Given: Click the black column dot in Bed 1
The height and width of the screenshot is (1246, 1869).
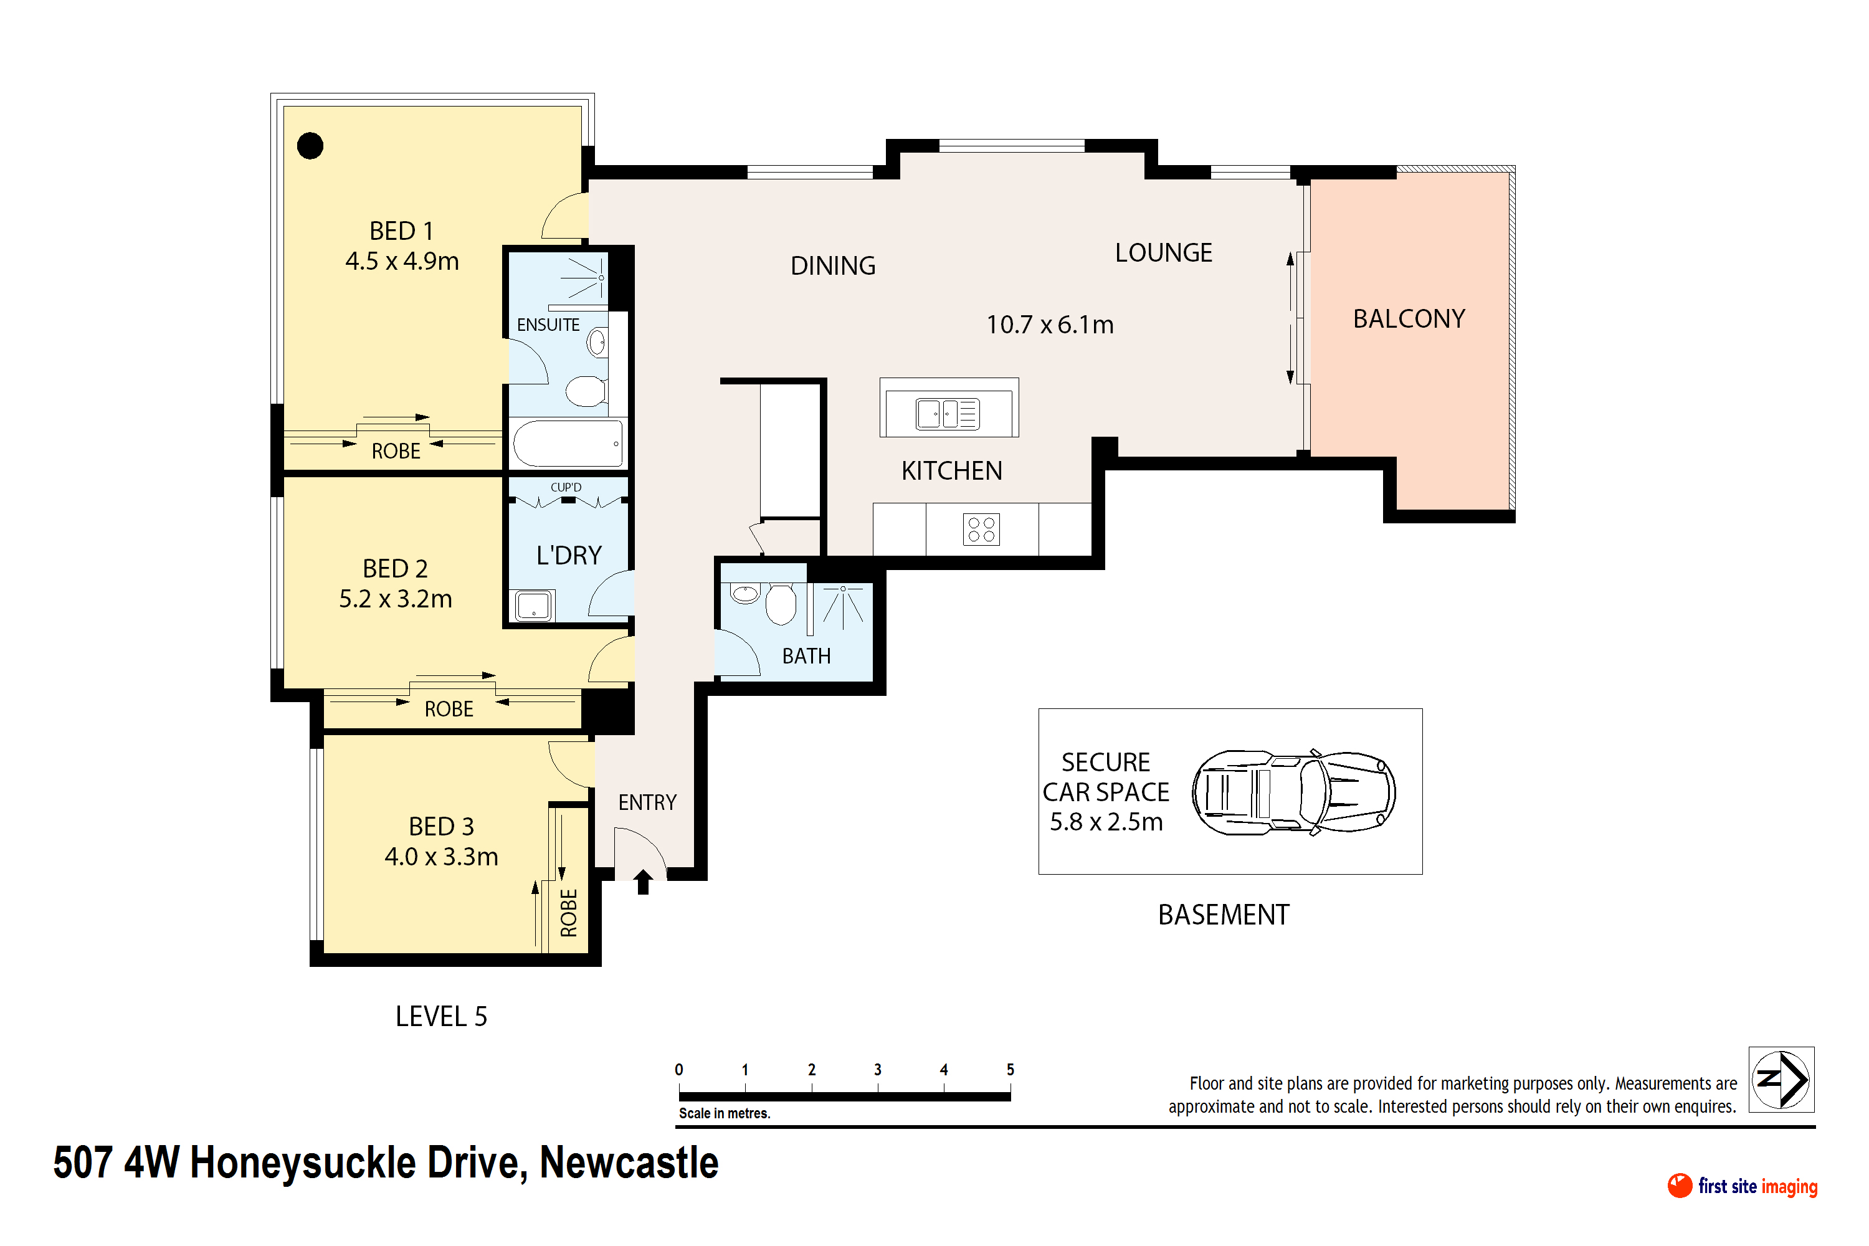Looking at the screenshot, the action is coord(310,145).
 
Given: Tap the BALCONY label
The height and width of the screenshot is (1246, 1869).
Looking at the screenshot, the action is coord(1409,318).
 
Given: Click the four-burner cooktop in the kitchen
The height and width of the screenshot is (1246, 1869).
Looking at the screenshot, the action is coord(981,529).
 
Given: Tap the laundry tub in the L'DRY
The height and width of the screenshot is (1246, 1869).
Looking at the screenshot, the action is coord(533,606).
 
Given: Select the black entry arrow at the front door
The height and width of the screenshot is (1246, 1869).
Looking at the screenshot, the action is coord(643,882).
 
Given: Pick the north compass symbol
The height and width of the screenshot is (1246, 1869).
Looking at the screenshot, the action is coord(1782,1079).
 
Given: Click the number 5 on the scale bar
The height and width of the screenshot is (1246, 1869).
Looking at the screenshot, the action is coord(1010,1070).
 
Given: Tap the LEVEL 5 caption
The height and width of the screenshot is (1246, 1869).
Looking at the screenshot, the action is coord(441,1016).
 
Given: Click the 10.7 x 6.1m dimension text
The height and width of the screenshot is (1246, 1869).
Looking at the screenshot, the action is coord(1050,324).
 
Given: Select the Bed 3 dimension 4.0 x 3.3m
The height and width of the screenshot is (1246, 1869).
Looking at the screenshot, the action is coord(441,857).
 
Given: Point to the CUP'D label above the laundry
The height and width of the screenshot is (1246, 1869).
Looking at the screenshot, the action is coord(566,487).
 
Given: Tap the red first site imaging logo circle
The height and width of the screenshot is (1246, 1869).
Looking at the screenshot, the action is coord(1680,1186).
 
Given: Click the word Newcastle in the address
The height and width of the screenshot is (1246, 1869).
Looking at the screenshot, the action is coord(629,1163).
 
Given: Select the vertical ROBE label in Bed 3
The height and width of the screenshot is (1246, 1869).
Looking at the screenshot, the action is coord(569,913).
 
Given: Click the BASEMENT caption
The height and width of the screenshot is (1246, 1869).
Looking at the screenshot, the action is coord(1224,915).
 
